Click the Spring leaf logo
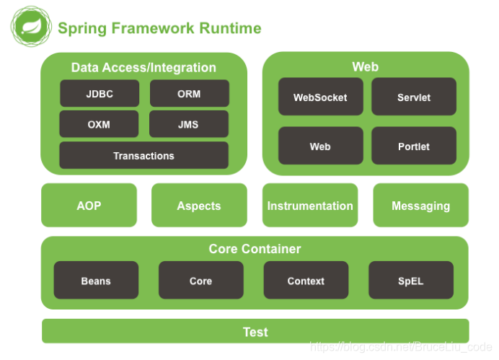[31, 27]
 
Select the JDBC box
[99, 94]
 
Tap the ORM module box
[189, 94]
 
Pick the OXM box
[99, 124]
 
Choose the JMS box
[189, 124]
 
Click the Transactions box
[143, 155]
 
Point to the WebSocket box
[320, 97]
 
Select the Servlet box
[414, 97]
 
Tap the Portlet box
[414, 146]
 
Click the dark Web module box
[320, 146]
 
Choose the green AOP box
[89, 206]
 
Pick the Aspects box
[199, 206]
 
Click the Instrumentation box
[310, 206]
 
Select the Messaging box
[420, 206]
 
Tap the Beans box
[96, 281]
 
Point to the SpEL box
[411, 281]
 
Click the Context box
[306, 281]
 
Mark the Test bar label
[255, 332]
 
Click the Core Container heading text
[255, 249]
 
